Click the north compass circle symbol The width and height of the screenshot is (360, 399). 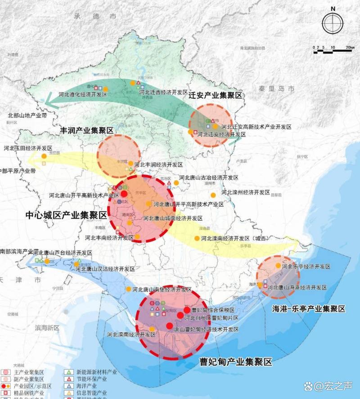click(x=333, y=23)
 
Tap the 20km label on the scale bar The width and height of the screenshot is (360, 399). click(x=350, y=47)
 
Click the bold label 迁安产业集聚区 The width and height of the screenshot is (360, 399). click(x=215, y=95)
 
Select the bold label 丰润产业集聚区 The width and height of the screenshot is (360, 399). click(x=86, y=130)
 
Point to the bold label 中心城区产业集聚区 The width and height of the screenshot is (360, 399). click(x=67, y=216)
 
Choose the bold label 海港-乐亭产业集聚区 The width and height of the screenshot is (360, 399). click(x=309, y=309)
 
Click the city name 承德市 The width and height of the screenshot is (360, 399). click(x=96, y=16)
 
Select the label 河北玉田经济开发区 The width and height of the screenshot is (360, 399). click(x=28, y=148)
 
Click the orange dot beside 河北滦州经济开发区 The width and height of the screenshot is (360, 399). click(x=213, y=195)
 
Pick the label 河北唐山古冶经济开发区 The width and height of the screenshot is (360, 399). click(x=208, y=178)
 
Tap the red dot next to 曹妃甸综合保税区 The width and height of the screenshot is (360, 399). click(x=187, y=310)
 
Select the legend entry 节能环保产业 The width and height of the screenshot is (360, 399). click(x=90, y=379)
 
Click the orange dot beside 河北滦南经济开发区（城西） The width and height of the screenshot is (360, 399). click(x=197, y=238)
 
